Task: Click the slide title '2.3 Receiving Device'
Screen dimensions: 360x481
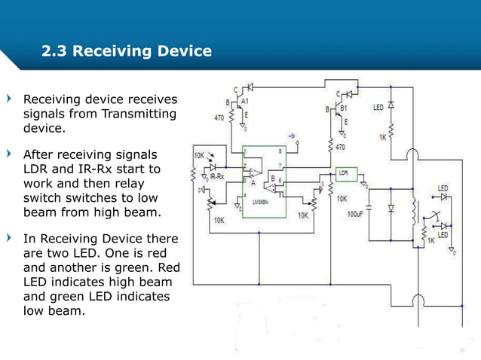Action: click(127, 52)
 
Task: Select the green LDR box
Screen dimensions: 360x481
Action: click(346, 173)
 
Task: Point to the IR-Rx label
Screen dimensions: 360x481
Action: click(217, 177)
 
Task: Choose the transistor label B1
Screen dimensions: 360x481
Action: click(343, 108)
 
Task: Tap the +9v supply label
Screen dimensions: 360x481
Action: click(291, 136)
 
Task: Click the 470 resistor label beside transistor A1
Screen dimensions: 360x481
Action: click(219, 118)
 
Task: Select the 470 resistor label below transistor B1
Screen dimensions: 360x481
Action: click(340, 147)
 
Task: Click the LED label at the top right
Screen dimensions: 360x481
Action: click(378, 108)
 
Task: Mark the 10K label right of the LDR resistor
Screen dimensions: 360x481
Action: click(342, 199)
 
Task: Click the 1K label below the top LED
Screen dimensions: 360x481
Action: click(383, 137)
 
